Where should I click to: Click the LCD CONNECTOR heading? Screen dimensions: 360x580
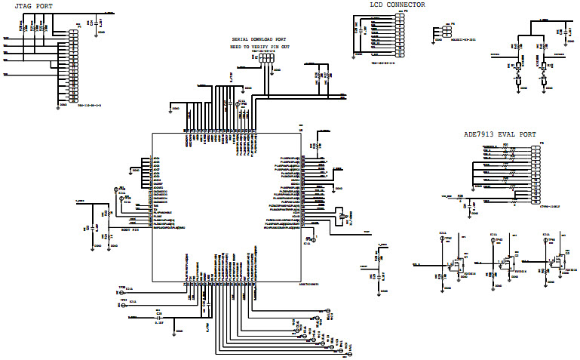coord(397,5)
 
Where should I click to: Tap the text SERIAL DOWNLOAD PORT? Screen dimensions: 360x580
coord(259,39)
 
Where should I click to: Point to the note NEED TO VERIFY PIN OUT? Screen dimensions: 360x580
coord(259,47)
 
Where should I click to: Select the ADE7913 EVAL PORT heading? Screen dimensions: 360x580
coord(500,134)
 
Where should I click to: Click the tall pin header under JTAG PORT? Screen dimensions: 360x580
coord(73,67)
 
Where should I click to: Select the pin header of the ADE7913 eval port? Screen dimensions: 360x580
coord(536,174)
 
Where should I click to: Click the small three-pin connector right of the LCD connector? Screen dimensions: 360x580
coord(437,32)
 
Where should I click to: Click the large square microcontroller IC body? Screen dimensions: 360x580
coord(225,207)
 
